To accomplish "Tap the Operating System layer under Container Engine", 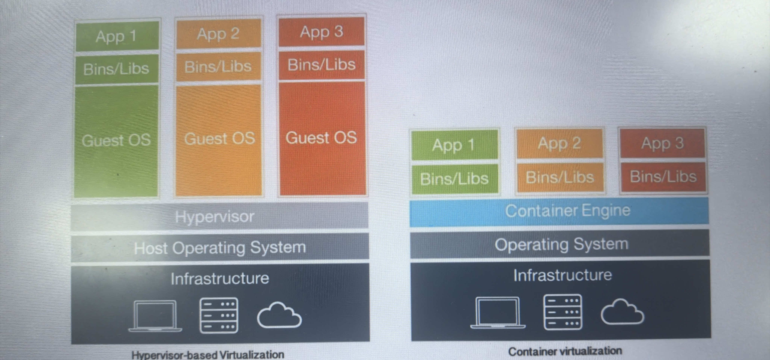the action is [x=560, y=244].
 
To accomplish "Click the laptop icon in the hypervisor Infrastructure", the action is [x=155, y=316].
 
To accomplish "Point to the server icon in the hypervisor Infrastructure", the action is [x=219, y=315].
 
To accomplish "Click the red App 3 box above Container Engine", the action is [x=663, y=143].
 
